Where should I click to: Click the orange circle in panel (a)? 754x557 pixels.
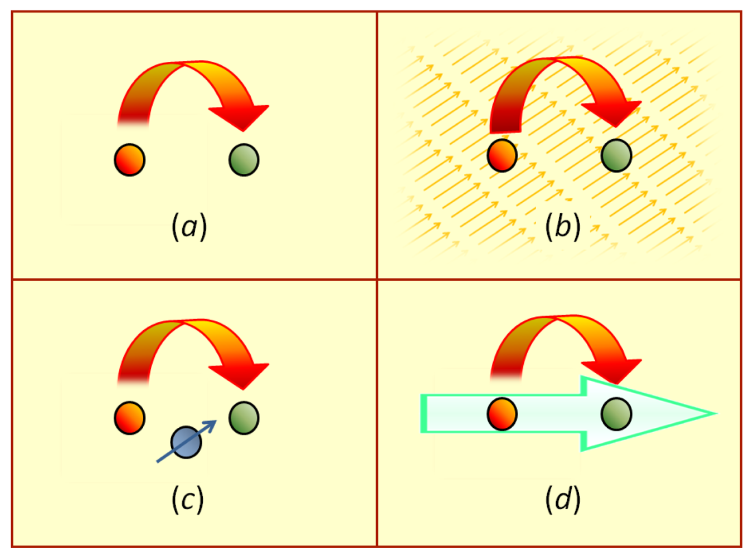click(x=129, y=160)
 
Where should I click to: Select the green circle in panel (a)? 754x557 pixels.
click(x=244, y=160)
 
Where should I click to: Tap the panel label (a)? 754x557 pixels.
click(x=189, y=227)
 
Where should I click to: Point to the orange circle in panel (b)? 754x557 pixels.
click(x=502, y=155)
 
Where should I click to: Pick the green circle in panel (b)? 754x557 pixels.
click(x=616, y=155)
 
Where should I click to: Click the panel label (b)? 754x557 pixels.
click(x=563, y=227)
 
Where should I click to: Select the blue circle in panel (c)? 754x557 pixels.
click(x=186, y=442)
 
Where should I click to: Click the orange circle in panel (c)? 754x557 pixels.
click(x=129, y=418)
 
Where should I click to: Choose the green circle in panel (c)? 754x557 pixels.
click(x=244, y=418)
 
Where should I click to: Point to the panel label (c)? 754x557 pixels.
click(x=188, y=499)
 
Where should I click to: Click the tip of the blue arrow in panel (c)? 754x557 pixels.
click(x=216, y=421)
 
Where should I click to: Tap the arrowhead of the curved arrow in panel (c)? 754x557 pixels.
click(x=242, y=377)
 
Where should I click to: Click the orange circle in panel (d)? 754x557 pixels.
click(x=502, y=414)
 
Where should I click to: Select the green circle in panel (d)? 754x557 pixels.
click(x=616, y=414)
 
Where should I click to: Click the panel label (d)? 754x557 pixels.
click(x=563, y=499)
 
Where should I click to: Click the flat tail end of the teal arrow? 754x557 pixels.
click(x=424, y=413)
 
